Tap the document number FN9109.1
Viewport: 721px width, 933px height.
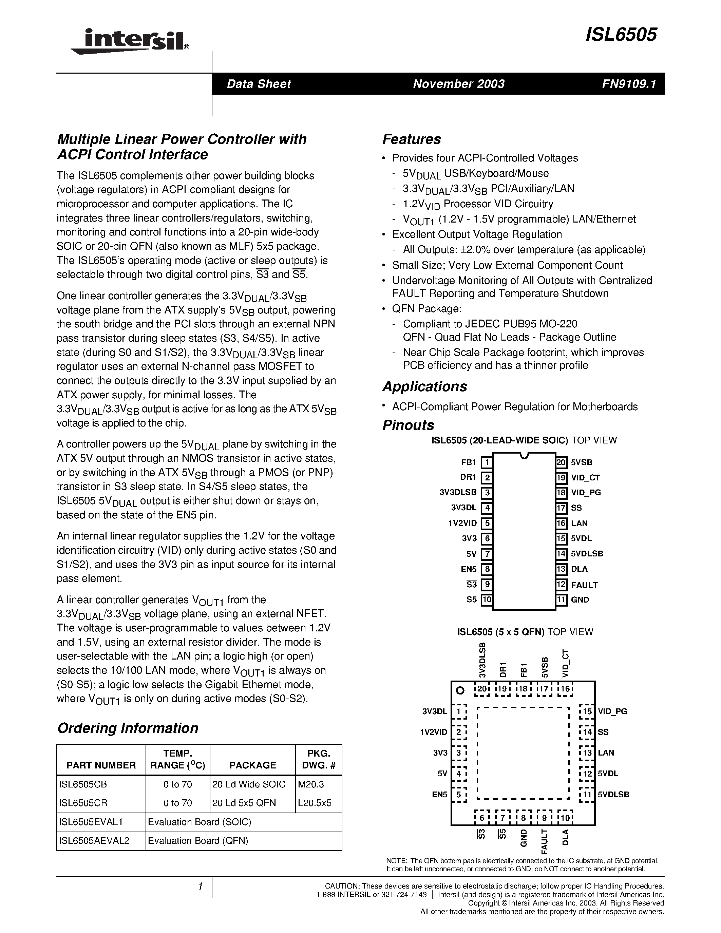(x=629, y=84)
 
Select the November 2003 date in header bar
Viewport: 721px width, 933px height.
(x=458, y=84)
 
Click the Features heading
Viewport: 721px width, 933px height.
(x=411, y=139)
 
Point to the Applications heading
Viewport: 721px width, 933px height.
(x=424, y=386)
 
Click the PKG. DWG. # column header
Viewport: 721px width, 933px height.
(x=318, y=759)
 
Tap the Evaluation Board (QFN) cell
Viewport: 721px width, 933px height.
(x=198, y=840)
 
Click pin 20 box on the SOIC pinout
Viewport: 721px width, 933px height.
(x=561, y=462)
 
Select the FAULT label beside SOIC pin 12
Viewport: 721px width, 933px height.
(x=584, y=585)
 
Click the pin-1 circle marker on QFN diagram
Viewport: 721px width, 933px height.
(x=460, y=690)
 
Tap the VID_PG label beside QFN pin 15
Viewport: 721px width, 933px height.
(x=612, y=711)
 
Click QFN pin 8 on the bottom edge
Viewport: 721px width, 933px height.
(x=523, y=818)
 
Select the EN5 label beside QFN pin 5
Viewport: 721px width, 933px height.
(x=439, y=795)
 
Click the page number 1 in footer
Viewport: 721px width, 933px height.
(x=200, y=887)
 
